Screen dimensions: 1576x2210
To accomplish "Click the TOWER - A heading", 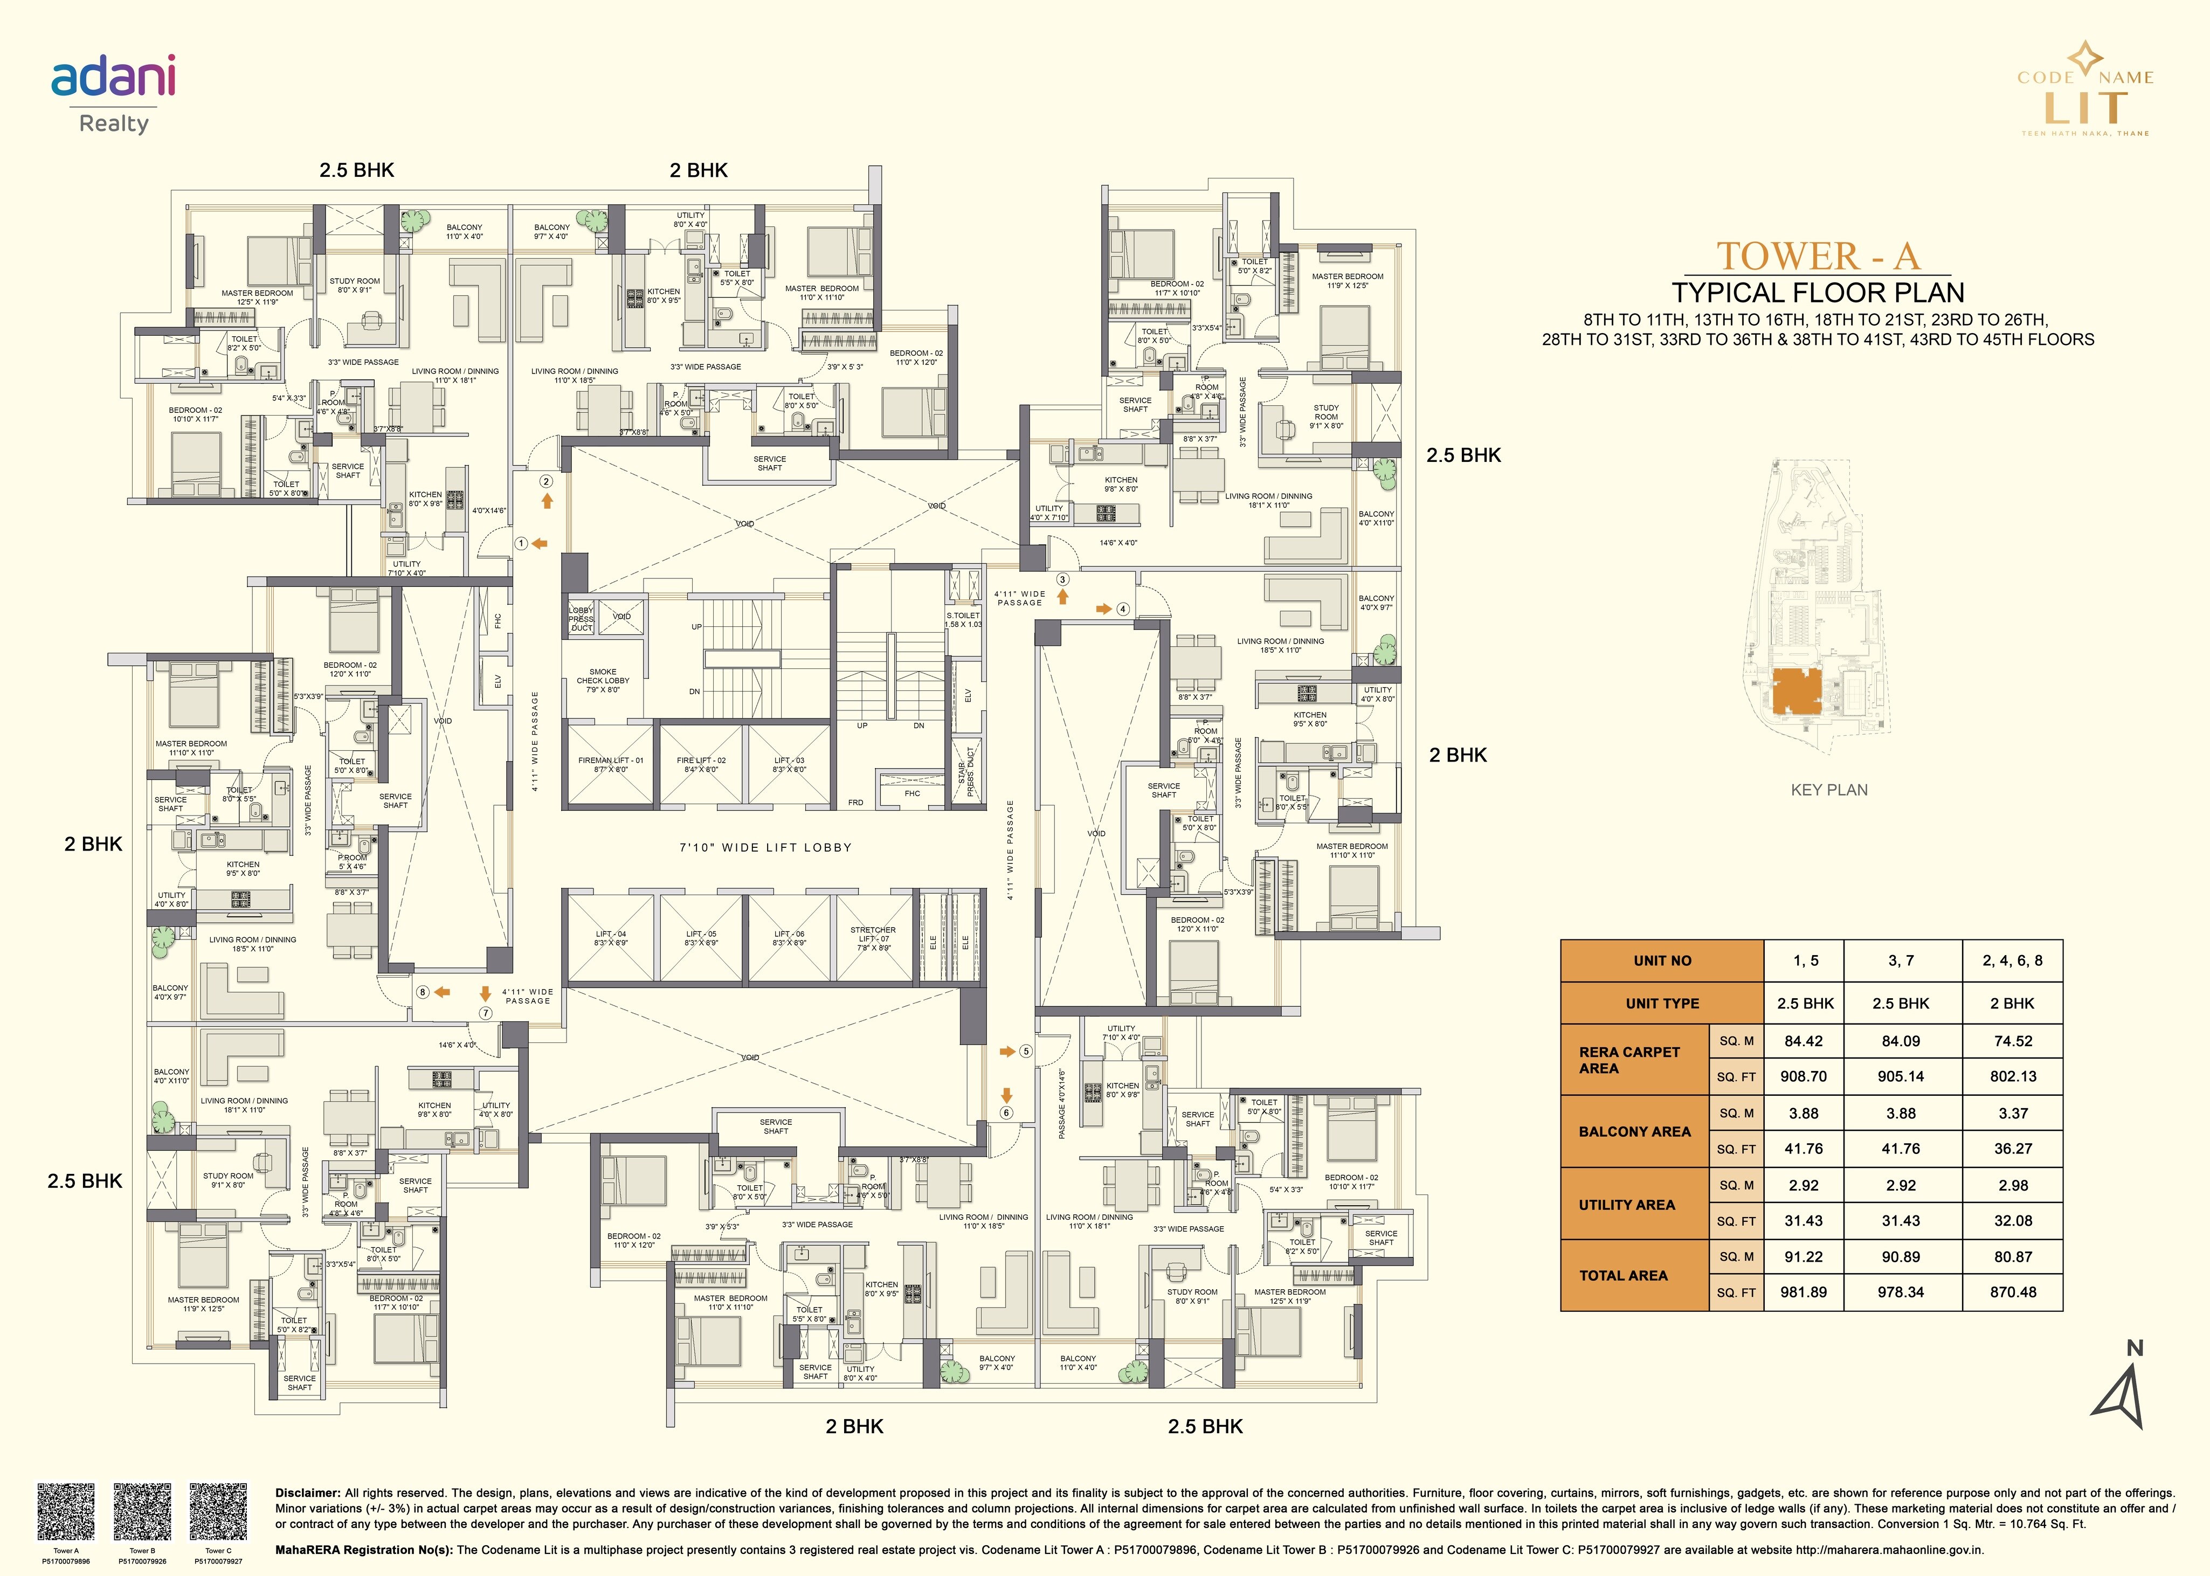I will [x=1817, y=256].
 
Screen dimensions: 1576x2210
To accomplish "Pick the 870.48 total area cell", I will [x=2012, y=1291].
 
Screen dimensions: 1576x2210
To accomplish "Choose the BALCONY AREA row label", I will [x=1634, y=1131].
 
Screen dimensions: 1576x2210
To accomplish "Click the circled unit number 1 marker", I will [x=521, y=543].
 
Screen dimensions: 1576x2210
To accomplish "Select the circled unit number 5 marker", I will [x=1026, y=1051].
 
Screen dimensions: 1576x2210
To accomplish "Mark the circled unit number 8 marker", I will [x=422, y=992].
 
